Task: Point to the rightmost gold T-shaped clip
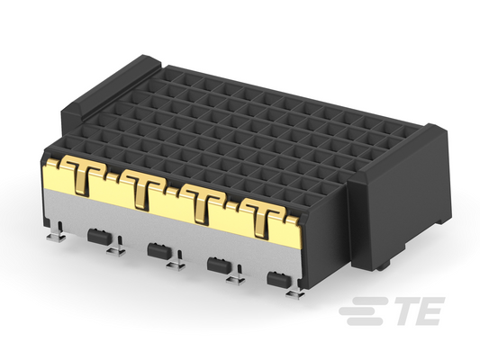[x=261, y=218]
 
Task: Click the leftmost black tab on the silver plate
[x=97, y=236]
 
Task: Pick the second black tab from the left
[x=158, y=250]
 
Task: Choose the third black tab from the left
[x=219, y=265]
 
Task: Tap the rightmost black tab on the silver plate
[x=279, y=279]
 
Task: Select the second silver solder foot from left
[x=115, y=248]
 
